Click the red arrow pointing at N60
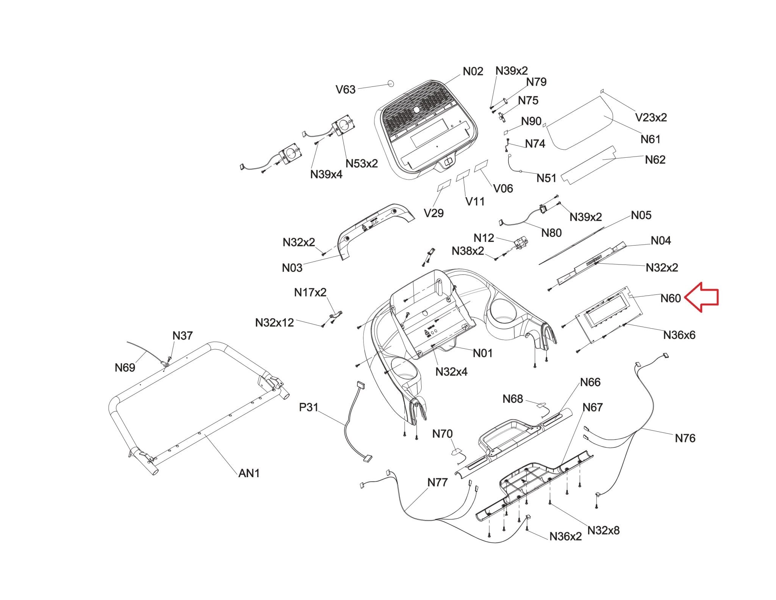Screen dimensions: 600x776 point(702,297)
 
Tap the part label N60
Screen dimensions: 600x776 point(671,299)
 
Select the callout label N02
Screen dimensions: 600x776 point(473,72)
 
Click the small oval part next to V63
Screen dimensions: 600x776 point(390,83)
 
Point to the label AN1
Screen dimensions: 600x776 point(249,473)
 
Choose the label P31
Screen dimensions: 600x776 point(309,407)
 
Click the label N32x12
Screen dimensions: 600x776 point(274,323)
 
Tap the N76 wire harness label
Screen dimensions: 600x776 point(685,439)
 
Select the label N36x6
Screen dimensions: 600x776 point(679,335)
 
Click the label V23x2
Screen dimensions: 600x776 point(651,118)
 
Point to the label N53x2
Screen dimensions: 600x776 point(361,164)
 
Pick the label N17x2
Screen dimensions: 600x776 point(310,293)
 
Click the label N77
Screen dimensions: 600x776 point(437,483)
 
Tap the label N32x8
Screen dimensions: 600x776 point(603,530)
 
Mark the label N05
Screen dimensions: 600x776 point(641,215)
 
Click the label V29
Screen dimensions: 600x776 point(433,213)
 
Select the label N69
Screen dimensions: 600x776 point(125,368)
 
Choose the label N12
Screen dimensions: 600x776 point(484,238)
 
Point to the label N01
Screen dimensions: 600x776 point(482,353)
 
